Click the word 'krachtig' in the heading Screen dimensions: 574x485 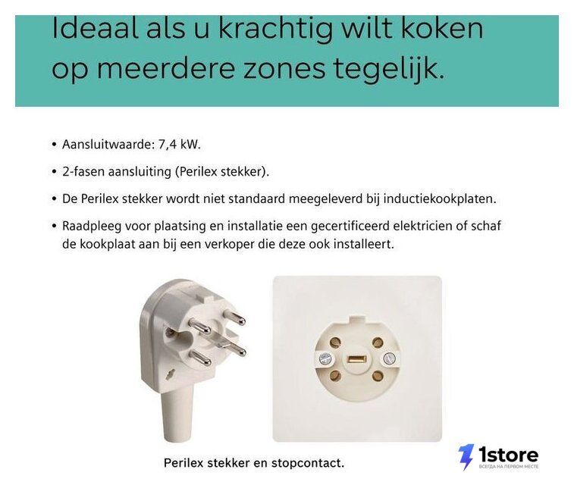(x=275, y=30)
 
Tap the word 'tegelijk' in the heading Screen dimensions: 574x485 (x=389, y=70)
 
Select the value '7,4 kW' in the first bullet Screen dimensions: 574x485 (x=178, y=145)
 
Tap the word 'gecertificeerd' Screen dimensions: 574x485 (x=350, y=227)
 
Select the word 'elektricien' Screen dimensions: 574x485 (x=423, y=226)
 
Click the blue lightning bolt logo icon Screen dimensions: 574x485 (x=466, y=457)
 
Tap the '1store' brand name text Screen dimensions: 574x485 (x=509, y=455)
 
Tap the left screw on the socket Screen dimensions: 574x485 (x=325, y=359)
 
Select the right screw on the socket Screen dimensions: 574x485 (x=389, y=358)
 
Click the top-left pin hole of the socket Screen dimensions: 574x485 (x=335, y=343)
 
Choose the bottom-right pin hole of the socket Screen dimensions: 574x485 (x=378, y=376)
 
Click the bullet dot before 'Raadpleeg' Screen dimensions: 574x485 (x=55, y=227)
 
